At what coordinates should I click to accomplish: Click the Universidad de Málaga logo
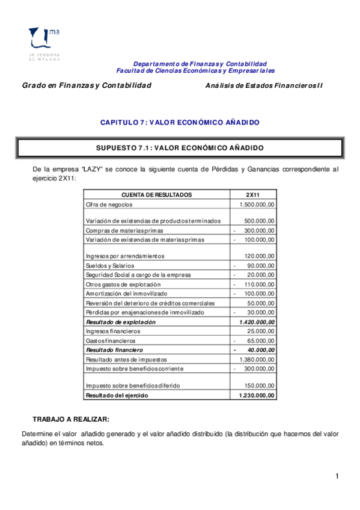point(44,43)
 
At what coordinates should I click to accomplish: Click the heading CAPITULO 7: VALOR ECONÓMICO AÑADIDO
point(180,122)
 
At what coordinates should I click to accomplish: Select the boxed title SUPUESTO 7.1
point(180,147)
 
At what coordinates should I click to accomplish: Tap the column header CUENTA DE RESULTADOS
point(157,195)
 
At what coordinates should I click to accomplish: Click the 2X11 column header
point(253,195)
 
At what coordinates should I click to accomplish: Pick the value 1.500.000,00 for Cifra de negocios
point(257,204)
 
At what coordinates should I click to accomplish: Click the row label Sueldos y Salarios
point(110,265)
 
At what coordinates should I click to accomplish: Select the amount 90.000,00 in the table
point(261,265)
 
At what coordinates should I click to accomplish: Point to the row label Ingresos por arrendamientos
point(125,256)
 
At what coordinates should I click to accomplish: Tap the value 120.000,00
point(260,256)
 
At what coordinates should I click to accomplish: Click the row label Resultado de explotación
point(121,322)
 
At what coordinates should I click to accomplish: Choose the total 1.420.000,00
point(257,322)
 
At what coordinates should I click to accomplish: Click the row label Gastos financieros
point(108,340)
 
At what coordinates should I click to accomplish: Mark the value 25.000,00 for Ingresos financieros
point(261,331)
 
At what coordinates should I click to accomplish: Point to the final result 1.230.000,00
point(257,395)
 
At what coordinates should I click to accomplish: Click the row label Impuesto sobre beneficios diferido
point(133,386)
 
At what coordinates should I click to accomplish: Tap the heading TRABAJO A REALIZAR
point(71,419)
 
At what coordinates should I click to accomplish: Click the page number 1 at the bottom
point(338,477)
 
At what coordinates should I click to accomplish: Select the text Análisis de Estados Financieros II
point(264,85)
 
